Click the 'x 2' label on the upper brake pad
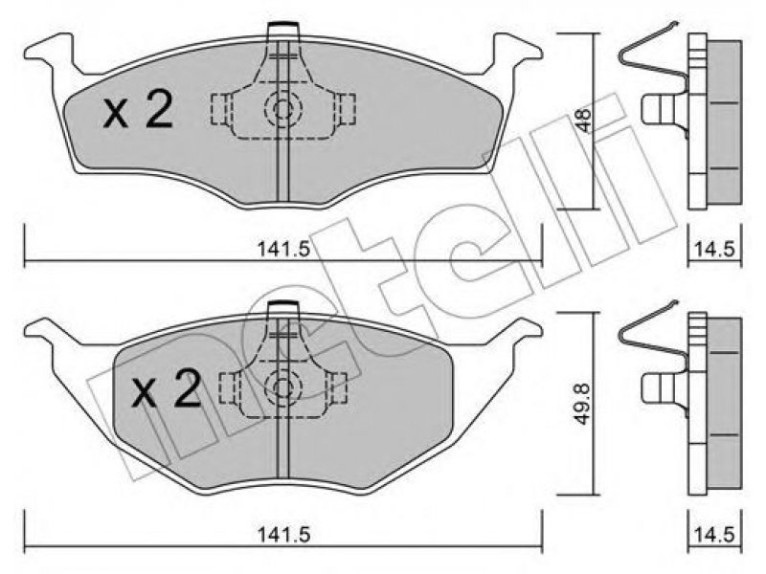click(138, 111)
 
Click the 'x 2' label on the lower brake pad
click(166, 388)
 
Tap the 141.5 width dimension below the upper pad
click(283, 250)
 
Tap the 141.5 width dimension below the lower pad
click(283, 535)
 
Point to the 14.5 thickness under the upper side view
click(713, 250)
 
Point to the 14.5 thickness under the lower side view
click(713, 535)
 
